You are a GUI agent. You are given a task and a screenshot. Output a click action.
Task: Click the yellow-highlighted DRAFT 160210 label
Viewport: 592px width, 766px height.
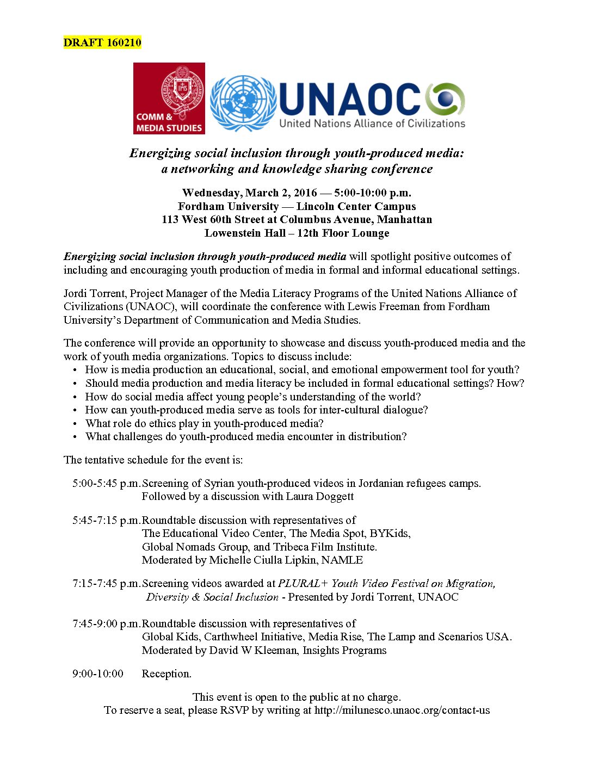coord(102,42)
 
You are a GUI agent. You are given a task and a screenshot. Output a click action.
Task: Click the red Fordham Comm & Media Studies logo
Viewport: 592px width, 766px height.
coord(169,98)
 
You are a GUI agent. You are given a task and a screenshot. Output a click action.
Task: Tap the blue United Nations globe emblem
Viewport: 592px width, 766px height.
coord(243,103)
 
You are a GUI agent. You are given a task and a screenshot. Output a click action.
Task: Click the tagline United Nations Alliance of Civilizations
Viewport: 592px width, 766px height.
coord(372,123)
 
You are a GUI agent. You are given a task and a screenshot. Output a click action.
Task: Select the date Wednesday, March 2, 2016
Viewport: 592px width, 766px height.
coord(250,193)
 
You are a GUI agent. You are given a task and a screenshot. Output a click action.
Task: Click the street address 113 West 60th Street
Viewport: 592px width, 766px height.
coord(218,220)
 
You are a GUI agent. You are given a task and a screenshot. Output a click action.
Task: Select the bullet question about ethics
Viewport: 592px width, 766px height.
coord(204,423)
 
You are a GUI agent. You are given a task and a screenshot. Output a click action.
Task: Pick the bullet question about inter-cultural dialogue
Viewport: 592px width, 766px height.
coord(256,410)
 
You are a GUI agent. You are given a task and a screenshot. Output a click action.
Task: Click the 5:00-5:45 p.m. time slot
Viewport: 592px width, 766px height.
coord(106,483)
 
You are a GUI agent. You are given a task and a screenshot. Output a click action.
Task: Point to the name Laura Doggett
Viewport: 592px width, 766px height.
coord(322,496)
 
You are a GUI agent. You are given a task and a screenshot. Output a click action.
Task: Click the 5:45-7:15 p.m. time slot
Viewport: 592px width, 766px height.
coord(106,520)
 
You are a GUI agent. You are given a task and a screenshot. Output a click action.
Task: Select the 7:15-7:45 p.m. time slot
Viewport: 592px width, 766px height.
coord(106,583)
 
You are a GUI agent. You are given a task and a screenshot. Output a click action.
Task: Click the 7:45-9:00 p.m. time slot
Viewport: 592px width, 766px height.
coord(106,623)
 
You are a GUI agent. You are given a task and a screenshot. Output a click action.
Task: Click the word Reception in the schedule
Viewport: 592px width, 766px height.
coord(166,674)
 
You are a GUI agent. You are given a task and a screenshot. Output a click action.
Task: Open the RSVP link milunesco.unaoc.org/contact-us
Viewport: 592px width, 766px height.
coord(402,710)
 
